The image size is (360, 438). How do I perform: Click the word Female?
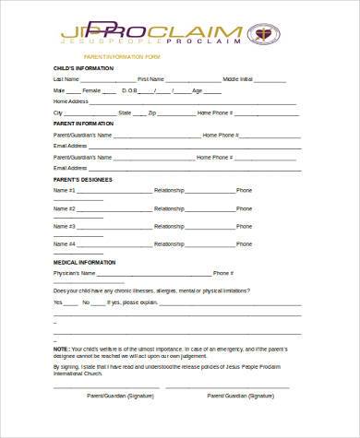pos(91,90)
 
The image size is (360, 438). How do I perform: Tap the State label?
pos(125,112)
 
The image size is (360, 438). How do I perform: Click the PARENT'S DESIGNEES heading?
pos(83,179)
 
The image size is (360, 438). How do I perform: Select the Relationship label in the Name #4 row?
pos(169,243)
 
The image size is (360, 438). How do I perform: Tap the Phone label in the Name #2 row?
pos(244,208)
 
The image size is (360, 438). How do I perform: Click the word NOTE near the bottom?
pos(61,349)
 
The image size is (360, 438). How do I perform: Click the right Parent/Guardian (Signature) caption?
pos(241,396)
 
